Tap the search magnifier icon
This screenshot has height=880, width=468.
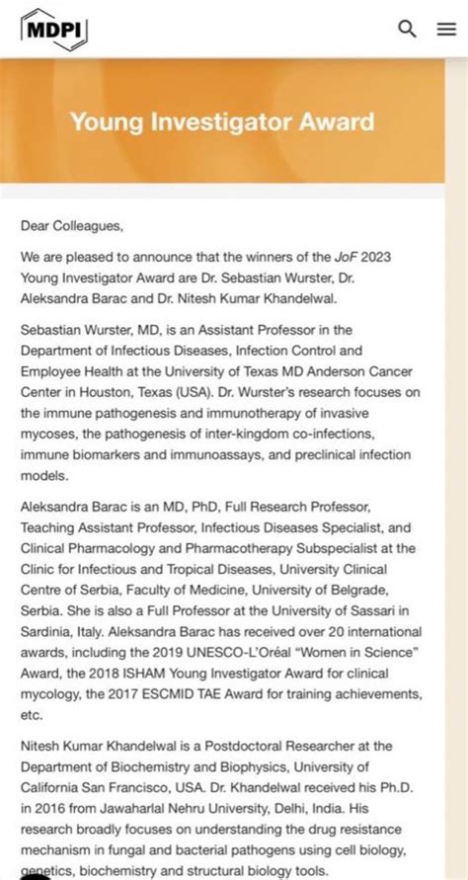407,29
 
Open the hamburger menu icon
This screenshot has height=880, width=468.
445,29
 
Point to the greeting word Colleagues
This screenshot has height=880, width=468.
88,225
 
